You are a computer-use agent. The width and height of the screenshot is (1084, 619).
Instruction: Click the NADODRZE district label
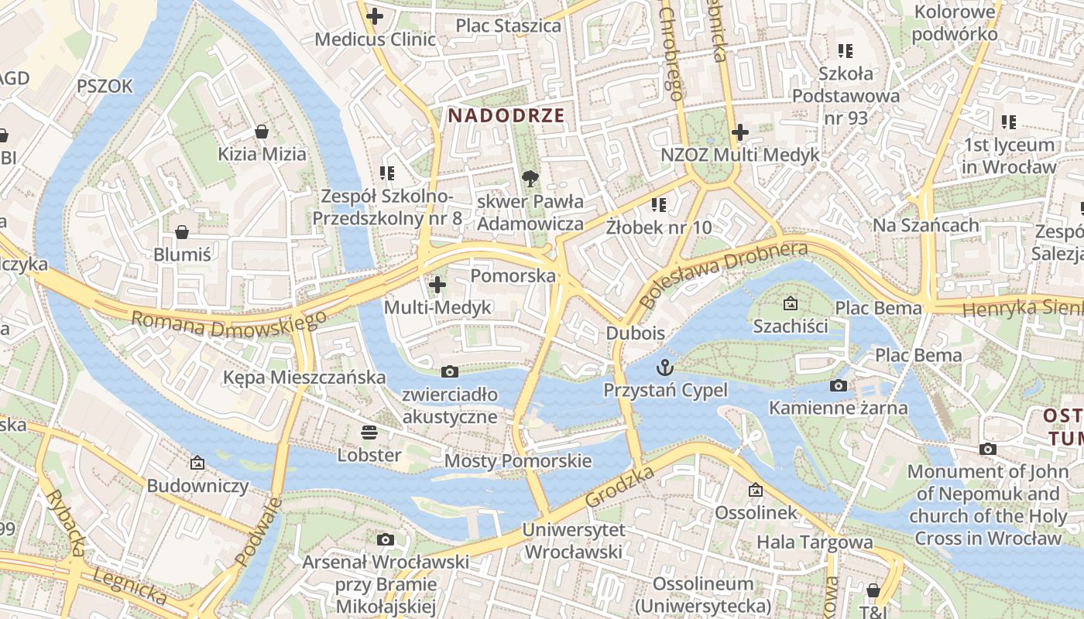[506, 116]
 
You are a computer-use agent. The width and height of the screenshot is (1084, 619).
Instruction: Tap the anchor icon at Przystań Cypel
[665, 367]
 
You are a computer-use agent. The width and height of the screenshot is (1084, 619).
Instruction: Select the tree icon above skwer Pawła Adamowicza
[530, 180]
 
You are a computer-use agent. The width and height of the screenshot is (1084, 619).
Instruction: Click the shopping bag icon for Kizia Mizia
[262, 132]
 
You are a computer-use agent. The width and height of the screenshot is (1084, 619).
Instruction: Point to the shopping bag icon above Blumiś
[182, 232]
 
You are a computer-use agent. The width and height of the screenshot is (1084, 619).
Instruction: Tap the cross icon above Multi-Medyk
[437, 285]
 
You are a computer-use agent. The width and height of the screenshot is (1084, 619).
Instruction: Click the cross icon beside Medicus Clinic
[375, 15]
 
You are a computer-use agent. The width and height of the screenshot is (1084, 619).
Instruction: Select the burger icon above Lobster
[369, 432]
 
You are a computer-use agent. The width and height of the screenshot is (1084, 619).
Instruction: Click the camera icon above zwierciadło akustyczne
[449, 372]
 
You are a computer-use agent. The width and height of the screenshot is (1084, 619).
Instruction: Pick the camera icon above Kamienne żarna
[838, 385]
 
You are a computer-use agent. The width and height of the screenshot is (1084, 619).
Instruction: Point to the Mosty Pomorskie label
[518, 461]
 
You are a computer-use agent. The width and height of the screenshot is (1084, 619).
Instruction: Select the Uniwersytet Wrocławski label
[573, 541]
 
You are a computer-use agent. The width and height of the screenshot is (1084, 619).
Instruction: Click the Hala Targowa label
[815, 542]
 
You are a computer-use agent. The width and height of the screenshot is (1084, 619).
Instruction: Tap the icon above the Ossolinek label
[756, 490]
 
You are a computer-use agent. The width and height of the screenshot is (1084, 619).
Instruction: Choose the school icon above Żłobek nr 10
[659, 205]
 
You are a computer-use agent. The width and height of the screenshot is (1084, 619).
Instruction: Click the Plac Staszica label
[508, 26]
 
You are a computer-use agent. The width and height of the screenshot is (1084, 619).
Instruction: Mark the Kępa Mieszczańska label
[304, 378]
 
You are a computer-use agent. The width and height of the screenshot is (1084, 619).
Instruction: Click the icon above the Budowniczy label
[197, 463]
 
